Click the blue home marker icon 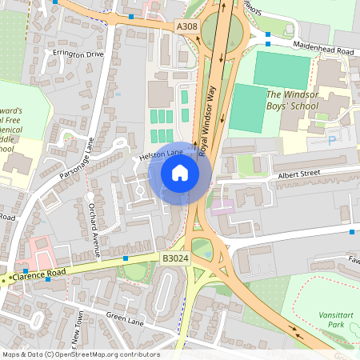pos(180,172)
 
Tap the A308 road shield pos(186,27)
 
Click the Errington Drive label pos(78,54)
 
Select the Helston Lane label pos(162,152)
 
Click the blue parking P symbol pos(332,141)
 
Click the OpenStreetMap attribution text pos(81,354)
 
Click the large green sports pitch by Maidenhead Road pos(282,70)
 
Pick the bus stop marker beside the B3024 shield pos(126,258)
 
